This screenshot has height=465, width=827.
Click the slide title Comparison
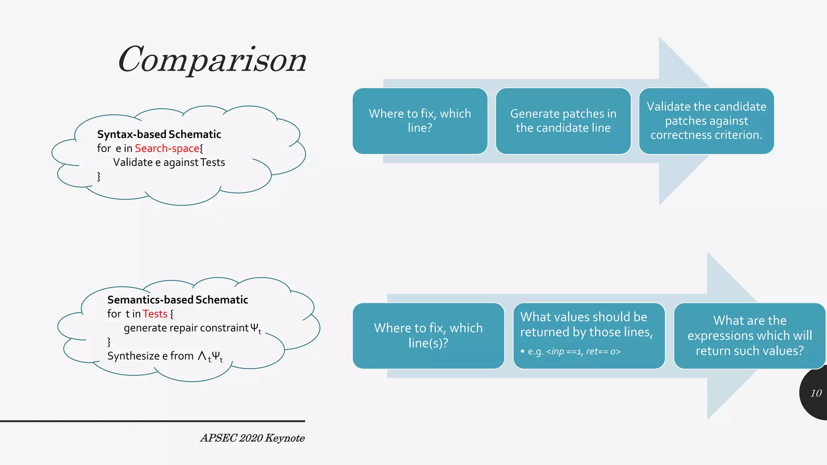[212, 60]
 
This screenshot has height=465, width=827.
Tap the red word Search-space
[167, 149]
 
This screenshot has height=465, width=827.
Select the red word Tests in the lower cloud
[155, 314]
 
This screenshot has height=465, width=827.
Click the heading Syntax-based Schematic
[159, 134]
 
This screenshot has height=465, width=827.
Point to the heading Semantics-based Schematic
[178, 300]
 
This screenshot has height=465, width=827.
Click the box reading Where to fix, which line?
[420, 121]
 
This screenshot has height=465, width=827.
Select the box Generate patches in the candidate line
[563, 121]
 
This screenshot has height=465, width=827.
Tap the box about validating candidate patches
[706, 121]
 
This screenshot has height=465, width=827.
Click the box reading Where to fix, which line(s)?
[428, 335]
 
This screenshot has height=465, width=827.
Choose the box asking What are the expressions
[749, 335]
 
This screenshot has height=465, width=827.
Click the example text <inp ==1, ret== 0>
[583, 352]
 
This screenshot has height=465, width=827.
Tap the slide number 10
[816, 393]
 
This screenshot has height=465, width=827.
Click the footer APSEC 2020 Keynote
[252, 438]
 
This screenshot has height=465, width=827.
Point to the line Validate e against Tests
[169, 163]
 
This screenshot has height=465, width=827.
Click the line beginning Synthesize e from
[165, 356]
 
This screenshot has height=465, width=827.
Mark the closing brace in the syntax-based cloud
[99, 176]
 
